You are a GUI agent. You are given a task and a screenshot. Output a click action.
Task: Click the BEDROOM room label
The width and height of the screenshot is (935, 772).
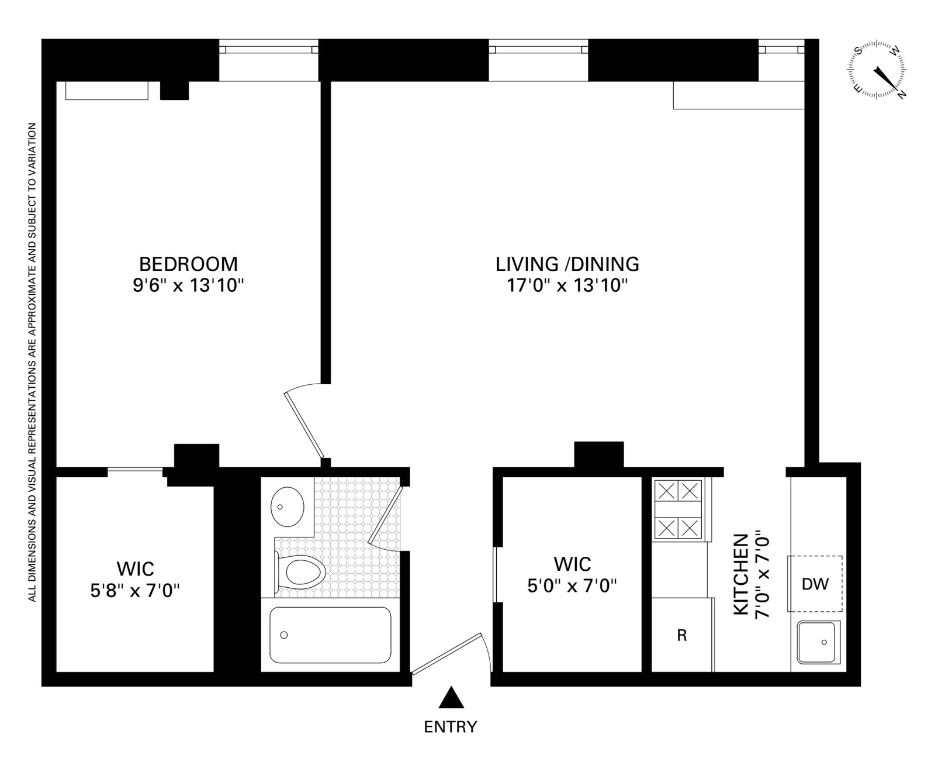[x=188, y=264]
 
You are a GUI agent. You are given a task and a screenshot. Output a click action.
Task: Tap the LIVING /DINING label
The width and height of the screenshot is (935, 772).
[x=567, y=264]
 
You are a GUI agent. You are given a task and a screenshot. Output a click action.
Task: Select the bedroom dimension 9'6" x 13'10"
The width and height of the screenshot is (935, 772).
[x=188, y=287]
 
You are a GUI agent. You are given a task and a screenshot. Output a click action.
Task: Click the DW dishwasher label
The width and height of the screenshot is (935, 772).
[x=815, y=584]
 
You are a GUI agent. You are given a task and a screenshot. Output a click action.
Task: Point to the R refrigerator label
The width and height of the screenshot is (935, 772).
[x=681, y=636]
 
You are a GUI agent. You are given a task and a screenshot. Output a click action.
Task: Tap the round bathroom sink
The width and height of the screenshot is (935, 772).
[x=288, y=506]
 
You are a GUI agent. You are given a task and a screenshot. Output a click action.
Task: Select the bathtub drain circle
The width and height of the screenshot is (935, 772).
[x=284, y=635]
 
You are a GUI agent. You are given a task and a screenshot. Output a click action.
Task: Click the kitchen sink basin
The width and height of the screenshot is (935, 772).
[x=818, y=642]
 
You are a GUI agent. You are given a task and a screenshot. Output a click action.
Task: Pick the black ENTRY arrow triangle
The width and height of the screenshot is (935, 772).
[x=451, y=698]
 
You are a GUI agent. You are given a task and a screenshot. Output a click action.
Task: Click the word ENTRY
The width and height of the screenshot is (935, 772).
[x=451, y=727]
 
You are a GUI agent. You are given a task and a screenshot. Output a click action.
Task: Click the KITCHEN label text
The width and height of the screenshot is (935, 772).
[x=741, y=574]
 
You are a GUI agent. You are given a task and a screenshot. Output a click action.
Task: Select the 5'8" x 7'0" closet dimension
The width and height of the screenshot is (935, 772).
[x=135, y=591]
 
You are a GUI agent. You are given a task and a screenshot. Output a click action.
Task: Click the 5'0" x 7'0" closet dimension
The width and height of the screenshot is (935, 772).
[x=572, y=585]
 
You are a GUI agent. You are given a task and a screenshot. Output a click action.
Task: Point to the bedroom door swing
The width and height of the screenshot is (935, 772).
[x=304, y=424]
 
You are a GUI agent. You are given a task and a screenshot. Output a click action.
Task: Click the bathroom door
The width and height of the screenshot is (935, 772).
[x=386, y=515]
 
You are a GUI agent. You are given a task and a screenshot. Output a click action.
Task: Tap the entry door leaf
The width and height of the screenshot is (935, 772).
[x=446, y=654]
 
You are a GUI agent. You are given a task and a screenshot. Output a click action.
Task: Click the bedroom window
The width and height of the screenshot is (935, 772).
[x=268, y=50]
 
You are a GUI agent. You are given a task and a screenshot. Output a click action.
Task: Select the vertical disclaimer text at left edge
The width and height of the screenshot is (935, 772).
[x=33, y=363]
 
